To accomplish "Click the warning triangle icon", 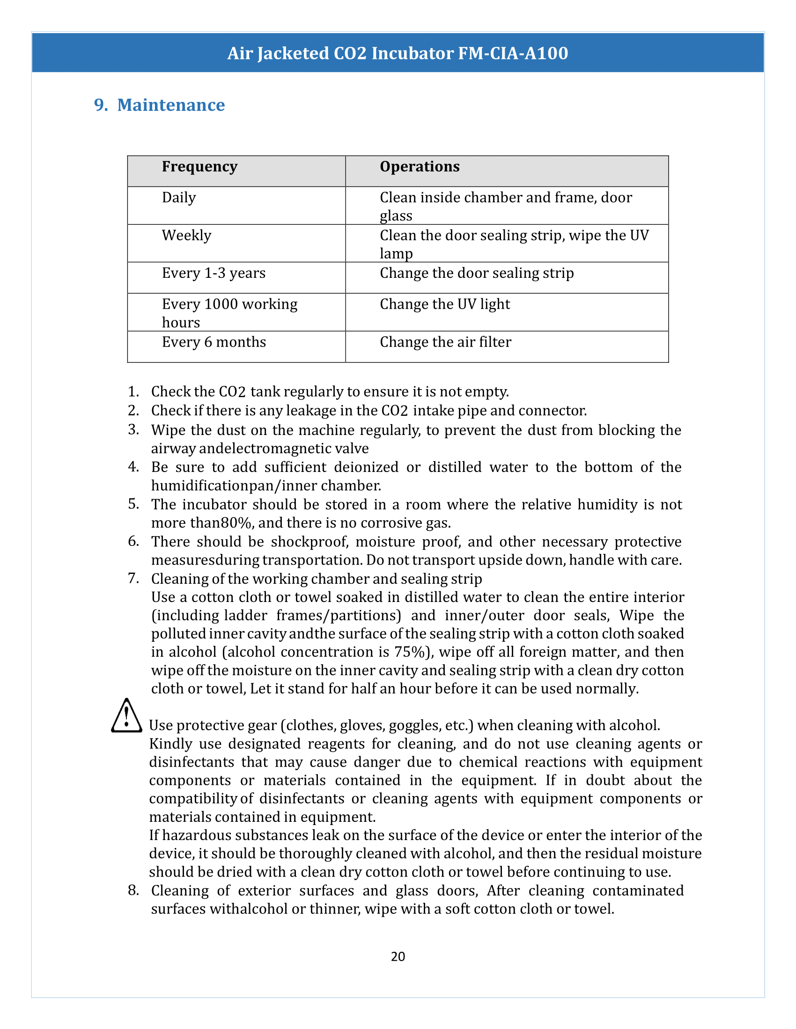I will (126, 717).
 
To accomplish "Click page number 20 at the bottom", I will (398, 956).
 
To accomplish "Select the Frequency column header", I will (199, 167).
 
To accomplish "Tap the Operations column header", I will (419, 167).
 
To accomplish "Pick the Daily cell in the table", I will (179, 197).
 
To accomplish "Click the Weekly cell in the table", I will (186, 235).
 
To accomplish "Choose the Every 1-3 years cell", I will (214, 273).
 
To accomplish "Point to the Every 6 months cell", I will (214, 342).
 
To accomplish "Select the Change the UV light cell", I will (445, 304).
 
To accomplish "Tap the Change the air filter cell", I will (445, 342).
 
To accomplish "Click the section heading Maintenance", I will (171, 105).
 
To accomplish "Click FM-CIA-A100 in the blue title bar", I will (513, 53).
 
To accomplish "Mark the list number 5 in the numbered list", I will (133, 504).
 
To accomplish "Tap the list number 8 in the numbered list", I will (133, 890).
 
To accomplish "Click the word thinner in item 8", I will (334, 909).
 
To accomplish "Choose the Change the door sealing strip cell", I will (476, 273).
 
